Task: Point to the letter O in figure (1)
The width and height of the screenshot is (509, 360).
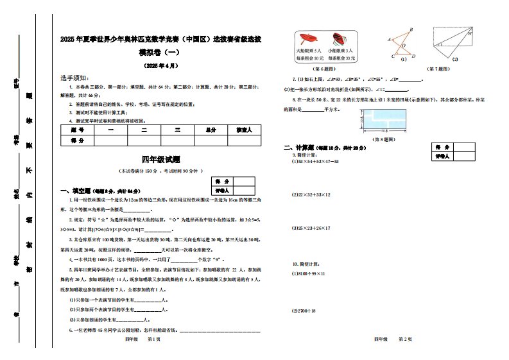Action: [403, 46]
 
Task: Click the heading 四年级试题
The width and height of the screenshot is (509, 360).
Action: [160, 159]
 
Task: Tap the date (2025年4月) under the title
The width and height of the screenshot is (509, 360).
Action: [160, 65]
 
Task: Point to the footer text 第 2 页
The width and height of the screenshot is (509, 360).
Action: [405, 338]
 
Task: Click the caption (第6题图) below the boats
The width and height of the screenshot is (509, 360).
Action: [323, 68]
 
